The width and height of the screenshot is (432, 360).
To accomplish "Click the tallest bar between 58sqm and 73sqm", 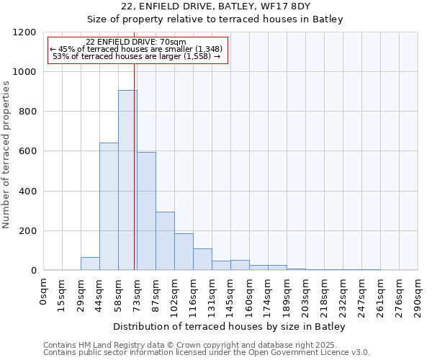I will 127,180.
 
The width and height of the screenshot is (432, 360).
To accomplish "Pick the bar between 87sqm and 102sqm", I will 165,241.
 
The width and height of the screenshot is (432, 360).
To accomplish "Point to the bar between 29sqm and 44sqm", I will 90,264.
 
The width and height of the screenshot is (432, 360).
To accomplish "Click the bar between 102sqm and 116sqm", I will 184,252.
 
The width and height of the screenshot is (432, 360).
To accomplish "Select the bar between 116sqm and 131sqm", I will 202,259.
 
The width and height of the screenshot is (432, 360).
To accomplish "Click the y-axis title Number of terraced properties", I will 6,155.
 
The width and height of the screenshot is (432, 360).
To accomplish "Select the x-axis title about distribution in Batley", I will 230,327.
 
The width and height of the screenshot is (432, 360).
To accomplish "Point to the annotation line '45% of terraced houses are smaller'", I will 137,49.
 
